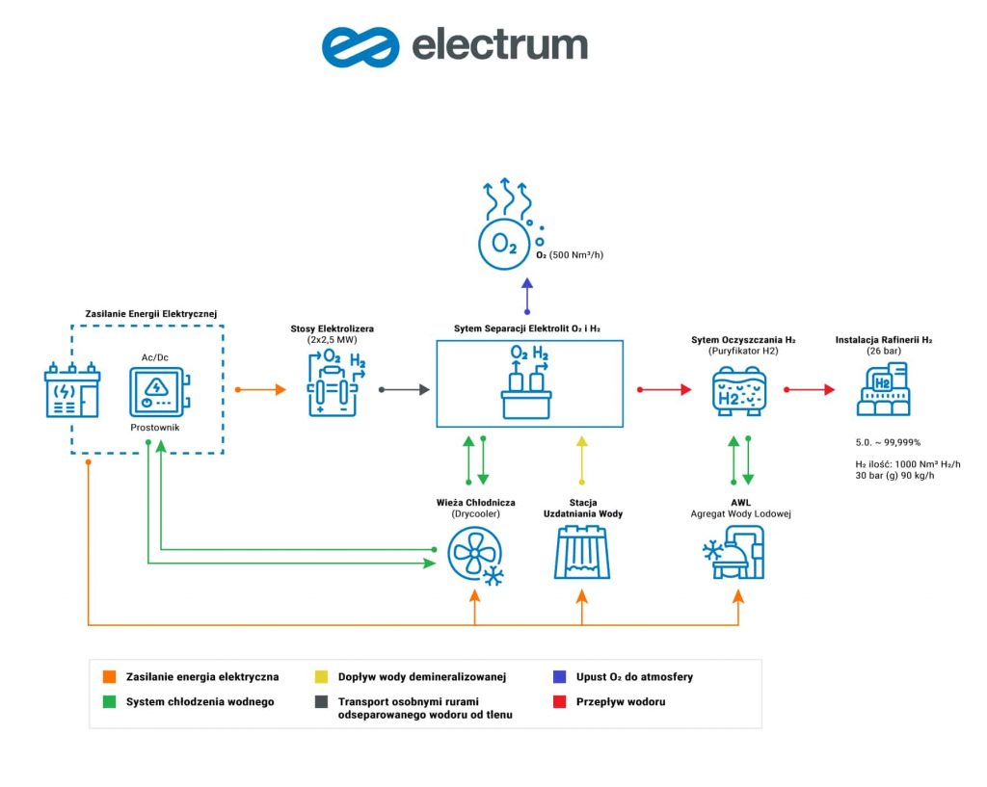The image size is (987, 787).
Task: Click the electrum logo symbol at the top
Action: coord(360,46)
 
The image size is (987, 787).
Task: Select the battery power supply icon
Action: coord(71,390)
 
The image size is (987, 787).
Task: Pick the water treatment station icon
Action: coord(580,553)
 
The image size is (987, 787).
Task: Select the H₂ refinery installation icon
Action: coord(884,391)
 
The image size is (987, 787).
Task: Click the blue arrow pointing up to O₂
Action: coord(526,295)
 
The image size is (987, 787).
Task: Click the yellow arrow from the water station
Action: coord(580,460)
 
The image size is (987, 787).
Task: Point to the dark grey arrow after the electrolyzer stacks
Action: coord(404,389)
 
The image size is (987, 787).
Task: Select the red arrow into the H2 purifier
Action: coord(664,389)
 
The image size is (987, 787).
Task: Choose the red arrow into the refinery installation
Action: coord(809,389)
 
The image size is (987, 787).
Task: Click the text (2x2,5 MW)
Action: coord(332,342)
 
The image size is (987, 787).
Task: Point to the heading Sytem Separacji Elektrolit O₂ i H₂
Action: coord(527,328)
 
